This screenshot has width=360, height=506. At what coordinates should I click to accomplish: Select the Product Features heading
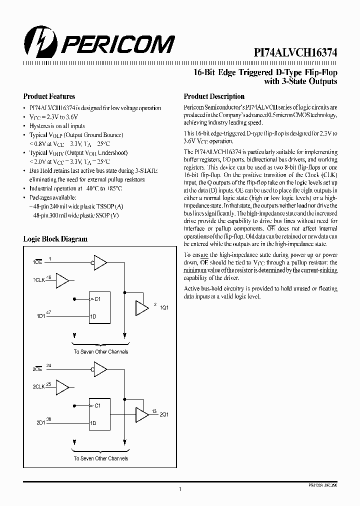tap(49, 96)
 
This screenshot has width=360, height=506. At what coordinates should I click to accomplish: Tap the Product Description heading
tap(214, 96)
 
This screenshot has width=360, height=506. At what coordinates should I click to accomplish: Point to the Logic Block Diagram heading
tap(55, 239)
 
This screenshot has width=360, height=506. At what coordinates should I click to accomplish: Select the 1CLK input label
tap(39, 280)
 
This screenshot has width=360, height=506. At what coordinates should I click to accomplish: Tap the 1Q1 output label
tap(163, 307)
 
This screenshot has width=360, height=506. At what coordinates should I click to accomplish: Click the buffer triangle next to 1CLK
tap(63, 280)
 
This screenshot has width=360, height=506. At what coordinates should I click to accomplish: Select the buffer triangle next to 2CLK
tap(63, 387)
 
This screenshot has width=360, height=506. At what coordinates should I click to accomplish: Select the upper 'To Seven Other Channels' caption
tap(100, 351)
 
